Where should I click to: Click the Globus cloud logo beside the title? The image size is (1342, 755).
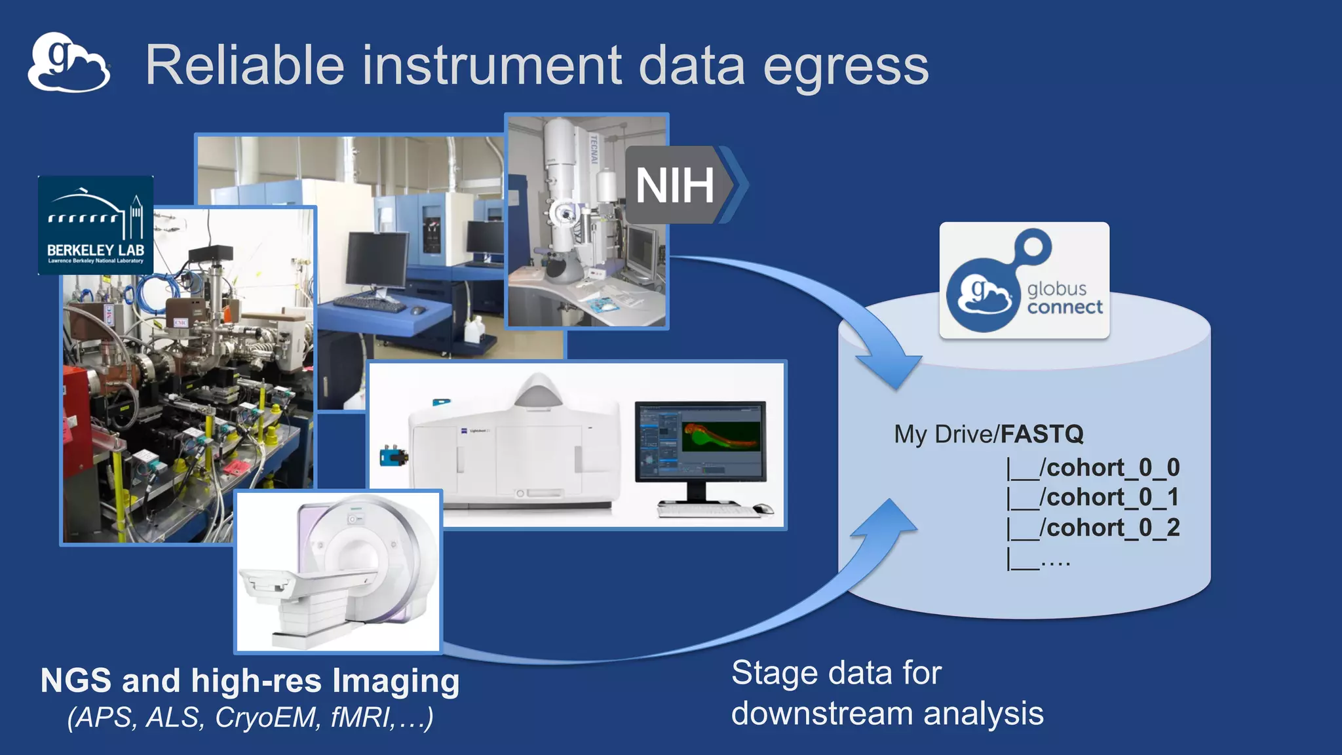(68, 63)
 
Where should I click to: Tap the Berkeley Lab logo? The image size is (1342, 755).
(96, 225)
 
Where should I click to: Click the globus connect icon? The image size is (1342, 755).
(1024, 281)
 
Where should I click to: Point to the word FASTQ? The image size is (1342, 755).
(1042, 434)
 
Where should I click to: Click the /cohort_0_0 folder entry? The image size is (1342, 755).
(1112, 468)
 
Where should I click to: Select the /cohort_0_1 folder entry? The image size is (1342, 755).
(1112, 497)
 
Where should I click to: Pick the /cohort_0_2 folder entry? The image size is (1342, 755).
(1112, 528)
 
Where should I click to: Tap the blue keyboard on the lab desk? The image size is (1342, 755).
(370, 304)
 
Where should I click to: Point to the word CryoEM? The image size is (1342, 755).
(267, 718)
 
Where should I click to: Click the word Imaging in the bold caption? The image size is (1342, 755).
(396, 681)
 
